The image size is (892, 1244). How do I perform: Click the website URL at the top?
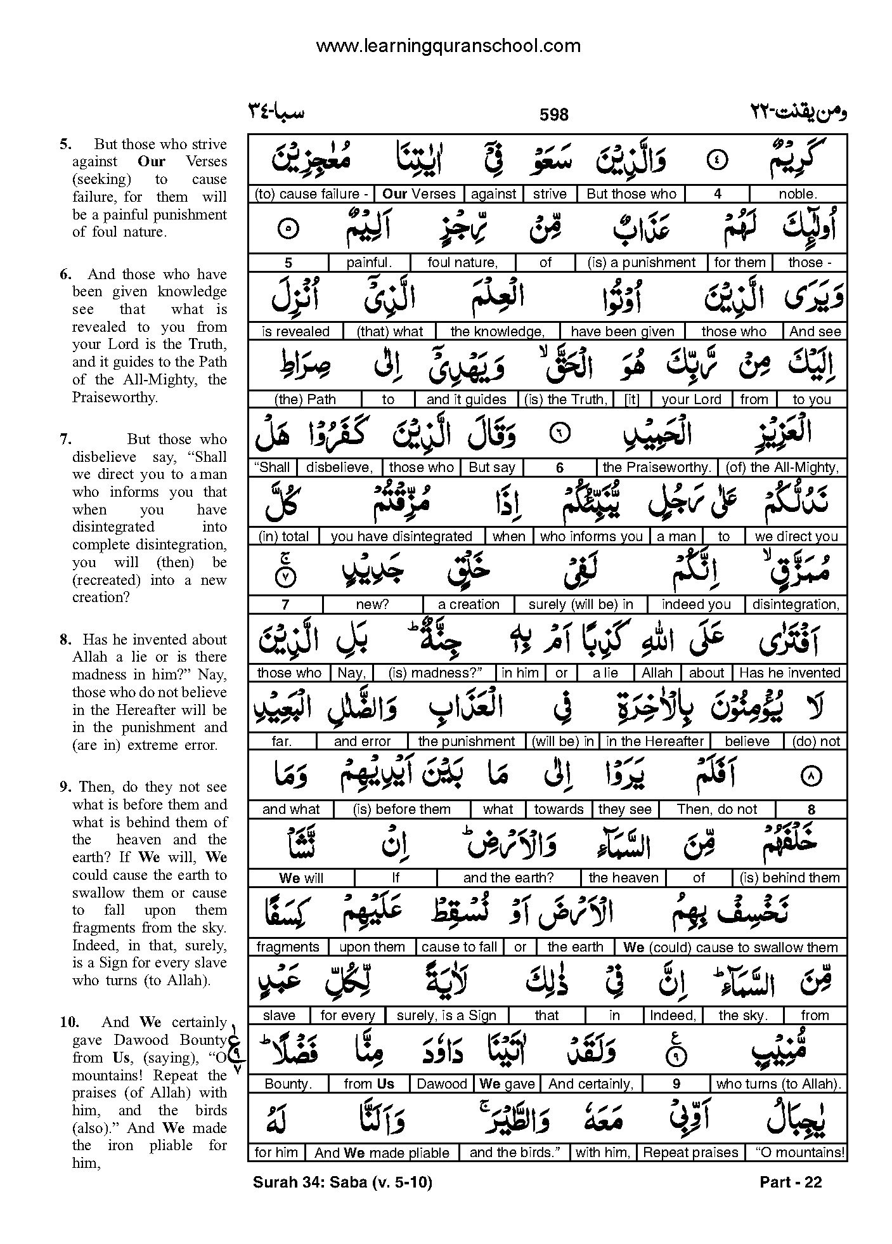pos(448,46)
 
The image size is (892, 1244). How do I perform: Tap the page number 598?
pos(553,115)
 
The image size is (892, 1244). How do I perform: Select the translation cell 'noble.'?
pos(798,194)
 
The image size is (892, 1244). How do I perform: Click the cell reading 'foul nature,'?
pos(462,263)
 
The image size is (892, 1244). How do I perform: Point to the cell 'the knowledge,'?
pos(497,331)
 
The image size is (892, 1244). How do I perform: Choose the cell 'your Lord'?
pos(691,400)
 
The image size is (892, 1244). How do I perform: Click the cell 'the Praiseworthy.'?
pos(657,468)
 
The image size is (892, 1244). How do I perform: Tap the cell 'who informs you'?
pos(591,537)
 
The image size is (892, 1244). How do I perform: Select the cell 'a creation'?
pos(469,605)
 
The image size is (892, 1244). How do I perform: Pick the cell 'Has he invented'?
pos(789,673)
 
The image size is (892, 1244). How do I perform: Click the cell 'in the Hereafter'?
pos(655,741)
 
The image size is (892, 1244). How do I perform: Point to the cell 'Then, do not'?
pos(716,809)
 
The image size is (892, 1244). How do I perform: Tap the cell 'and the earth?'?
pos(508,878)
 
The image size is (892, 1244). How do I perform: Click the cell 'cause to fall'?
pos(459,947)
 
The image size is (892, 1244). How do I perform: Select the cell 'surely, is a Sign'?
pos(446,1016)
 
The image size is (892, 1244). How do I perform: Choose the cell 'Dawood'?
pos(441,1084)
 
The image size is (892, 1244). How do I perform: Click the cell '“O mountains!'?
pos(796,1153)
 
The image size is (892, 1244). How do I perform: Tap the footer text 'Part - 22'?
pos(790,1182)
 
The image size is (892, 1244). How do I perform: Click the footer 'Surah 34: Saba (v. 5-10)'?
pos(342,1182)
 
